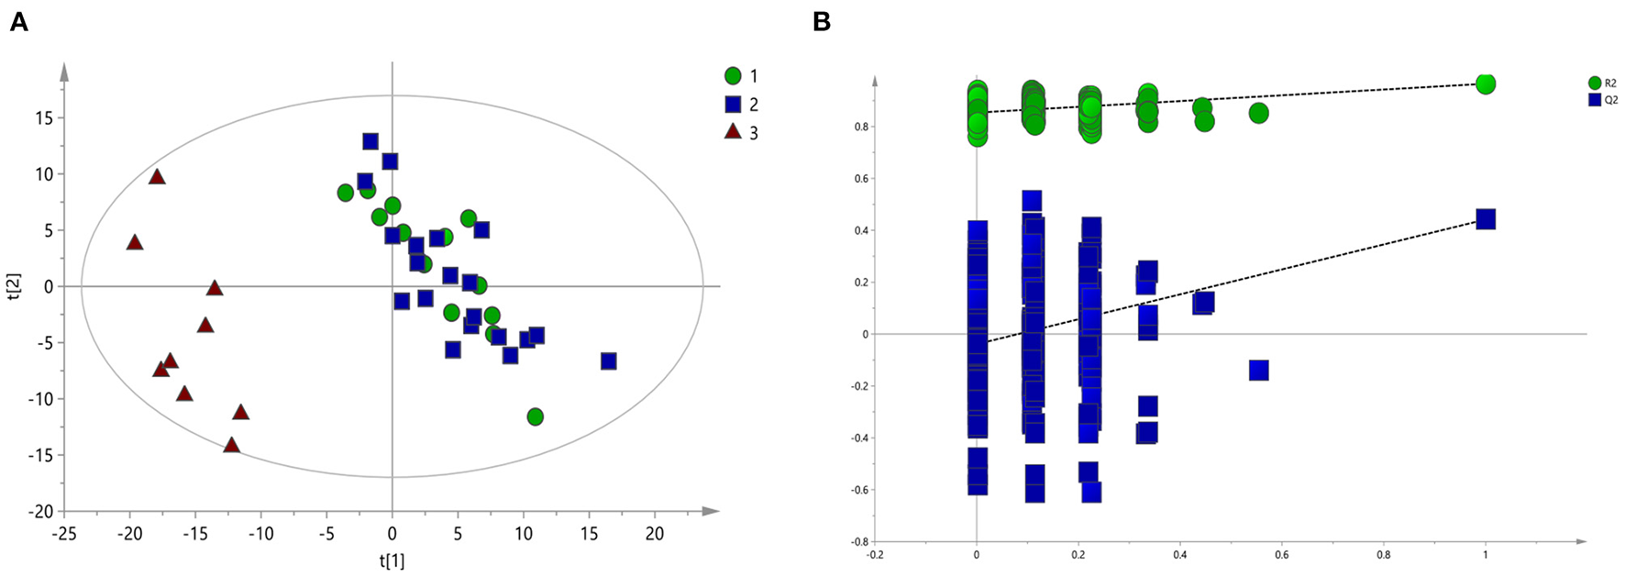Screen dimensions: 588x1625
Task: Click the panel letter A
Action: click(18, 22)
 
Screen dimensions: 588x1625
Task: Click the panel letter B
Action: click(822, 22)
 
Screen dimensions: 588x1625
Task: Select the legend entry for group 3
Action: click(742, 133)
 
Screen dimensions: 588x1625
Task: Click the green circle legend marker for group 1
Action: click(733, 76)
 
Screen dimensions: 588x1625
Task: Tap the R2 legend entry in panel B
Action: click(1602, 83)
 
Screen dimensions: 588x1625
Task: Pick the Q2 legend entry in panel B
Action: click(1602, 99)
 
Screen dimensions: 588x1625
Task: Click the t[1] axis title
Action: click(392, 560)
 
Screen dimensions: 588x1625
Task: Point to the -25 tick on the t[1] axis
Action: click(63, 533)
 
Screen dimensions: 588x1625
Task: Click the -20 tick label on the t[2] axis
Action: click(44, 511)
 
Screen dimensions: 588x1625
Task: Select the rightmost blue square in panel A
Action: click(608, 361)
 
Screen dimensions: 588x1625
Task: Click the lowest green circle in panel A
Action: click(536, 416)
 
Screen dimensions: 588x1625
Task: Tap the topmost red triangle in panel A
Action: click(157, 177)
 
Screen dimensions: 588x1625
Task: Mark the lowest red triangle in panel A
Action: click(231, 446)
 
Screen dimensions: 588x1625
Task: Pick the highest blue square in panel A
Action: click(370, 141)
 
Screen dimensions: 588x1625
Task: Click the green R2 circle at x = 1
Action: click(1486, 83)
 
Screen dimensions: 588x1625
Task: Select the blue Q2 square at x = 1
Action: click(1486, 219)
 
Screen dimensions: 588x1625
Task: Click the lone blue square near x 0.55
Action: click(1258, 371)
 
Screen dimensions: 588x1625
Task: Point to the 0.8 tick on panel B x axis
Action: click(1384, 554)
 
